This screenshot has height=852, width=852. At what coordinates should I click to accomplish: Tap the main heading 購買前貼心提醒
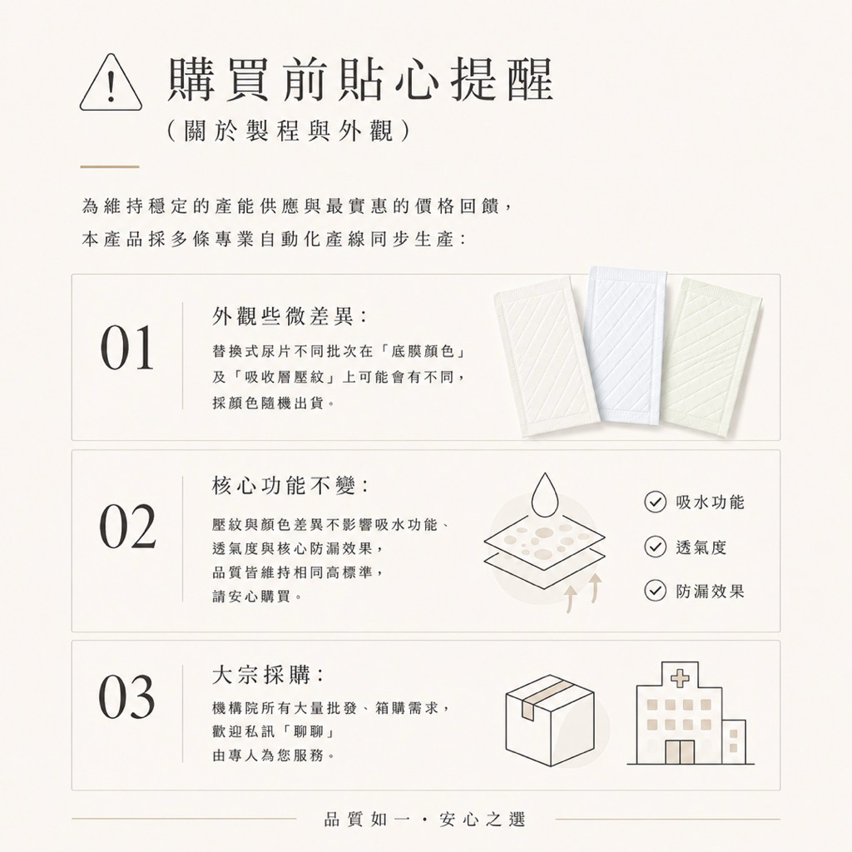point(361,79)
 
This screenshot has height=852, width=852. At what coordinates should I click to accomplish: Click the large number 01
point(127,348)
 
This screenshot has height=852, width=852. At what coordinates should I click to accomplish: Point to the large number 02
point(127,526)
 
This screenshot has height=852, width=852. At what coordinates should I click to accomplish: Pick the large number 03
point(127,696)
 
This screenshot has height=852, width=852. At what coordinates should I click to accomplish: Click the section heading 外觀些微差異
point(289,316)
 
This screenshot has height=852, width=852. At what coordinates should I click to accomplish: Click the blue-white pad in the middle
point(627,345)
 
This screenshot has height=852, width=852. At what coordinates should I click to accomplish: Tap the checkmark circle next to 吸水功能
point(656,502)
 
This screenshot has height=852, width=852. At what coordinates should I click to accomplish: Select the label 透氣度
point(701,547)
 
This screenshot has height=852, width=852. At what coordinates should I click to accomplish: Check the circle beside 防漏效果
point(656,591)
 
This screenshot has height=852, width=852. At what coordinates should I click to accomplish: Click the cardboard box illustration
point(550,720)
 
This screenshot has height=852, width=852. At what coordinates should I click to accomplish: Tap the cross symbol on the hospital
point(679,676)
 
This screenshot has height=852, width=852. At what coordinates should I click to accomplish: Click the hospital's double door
point(680,751)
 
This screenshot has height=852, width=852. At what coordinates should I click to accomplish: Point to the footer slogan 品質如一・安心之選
point(424,819)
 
